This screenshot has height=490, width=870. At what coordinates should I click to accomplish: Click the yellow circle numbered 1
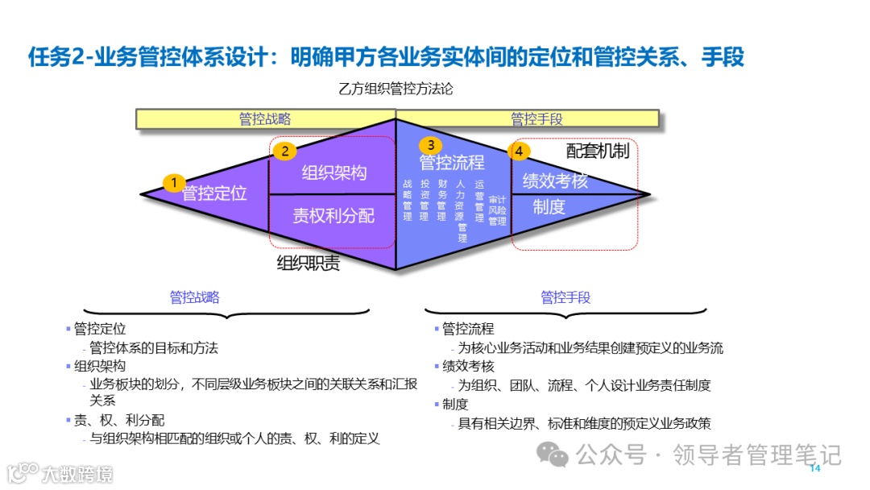[x=173, y=183]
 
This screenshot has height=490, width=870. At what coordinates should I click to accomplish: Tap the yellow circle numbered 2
[x=285, y=150]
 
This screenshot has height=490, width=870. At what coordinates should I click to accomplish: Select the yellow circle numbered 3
[x=431, y=144]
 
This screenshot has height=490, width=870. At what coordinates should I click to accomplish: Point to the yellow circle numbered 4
[x=520, y=151]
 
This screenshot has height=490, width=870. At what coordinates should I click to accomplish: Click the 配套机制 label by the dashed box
[x=597, y=151]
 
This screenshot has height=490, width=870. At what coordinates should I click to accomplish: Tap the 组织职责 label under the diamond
[x=308, y=264]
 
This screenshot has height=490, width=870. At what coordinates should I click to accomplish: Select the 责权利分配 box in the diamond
[x=333, y=215]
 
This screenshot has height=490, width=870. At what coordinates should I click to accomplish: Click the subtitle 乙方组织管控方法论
[x=396, y=89]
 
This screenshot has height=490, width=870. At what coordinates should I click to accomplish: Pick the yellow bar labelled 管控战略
[x=265, y=119]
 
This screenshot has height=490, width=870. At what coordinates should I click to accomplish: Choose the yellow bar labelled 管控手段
[x=536, y=119]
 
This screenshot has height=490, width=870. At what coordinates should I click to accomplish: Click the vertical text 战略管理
[x=408, y=200]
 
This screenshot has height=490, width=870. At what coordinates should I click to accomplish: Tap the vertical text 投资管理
[x=425, y=200]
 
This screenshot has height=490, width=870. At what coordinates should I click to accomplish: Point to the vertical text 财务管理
[x=442, y=200]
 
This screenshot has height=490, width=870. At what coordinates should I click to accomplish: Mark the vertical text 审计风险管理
[x=497, y=210]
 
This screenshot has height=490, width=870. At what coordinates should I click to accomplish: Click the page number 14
[x=814, y=468]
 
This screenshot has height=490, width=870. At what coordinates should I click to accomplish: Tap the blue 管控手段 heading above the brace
[x=565, y=297]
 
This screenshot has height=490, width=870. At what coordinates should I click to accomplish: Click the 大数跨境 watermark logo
[x=60, y=472]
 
